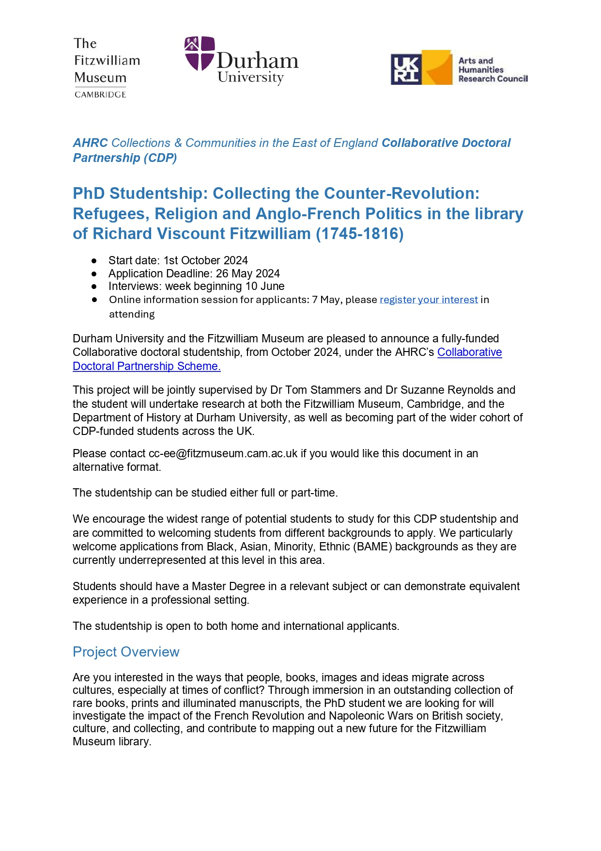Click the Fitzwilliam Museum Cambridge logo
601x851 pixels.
point(107,67)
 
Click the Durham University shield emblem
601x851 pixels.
point(199,53)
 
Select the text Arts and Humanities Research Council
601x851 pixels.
point(492,70)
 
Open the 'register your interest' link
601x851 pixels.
point(429,300)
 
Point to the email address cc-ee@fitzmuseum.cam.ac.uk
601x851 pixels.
point(223,453)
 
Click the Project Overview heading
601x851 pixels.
point(126,652)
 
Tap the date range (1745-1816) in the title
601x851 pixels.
point(359,234)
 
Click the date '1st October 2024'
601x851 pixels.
point(205,260)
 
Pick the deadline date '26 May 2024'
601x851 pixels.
point(247,273)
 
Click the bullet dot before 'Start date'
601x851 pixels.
point(94,261)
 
